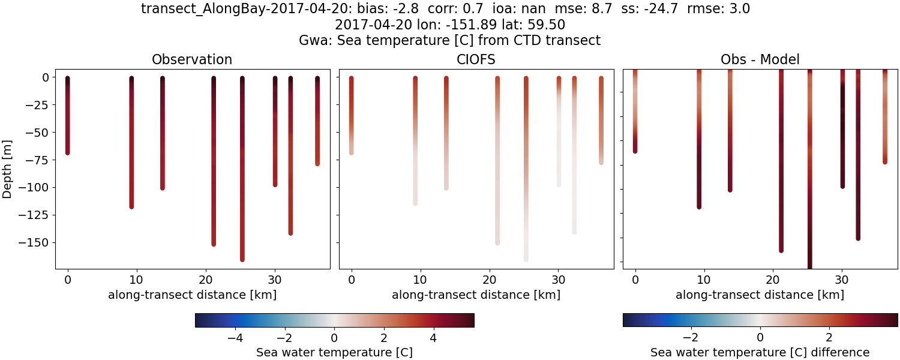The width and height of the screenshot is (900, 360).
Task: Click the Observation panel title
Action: point(192,59)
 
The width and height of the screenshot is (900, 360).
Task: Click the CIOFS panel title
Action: point(476,59)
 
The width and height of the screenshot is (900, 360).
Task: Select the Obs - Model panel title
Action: point(760,59)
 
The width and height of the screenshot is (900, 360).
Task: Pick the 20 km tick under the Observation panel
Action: point(206,280)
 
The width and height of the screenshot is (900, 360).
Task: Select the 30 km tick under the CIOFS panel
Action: point(559,280)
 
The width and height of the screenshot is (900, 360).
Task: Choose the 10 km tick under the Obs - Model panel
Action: point(704,280)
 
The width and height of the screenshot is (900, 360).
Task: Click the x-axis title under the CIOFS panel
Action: point(476,295)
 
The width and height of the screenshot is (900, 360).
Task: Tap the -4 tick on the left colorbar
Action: point(235,337)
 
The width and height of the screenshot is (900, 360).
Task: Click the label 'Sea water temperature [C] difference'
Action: point(760,352)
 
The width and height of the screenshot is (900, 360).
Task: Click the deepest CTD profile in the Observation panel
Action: point(242,168)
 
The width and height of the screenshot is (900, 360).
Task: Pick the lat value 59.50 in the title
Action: point(548,25)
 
